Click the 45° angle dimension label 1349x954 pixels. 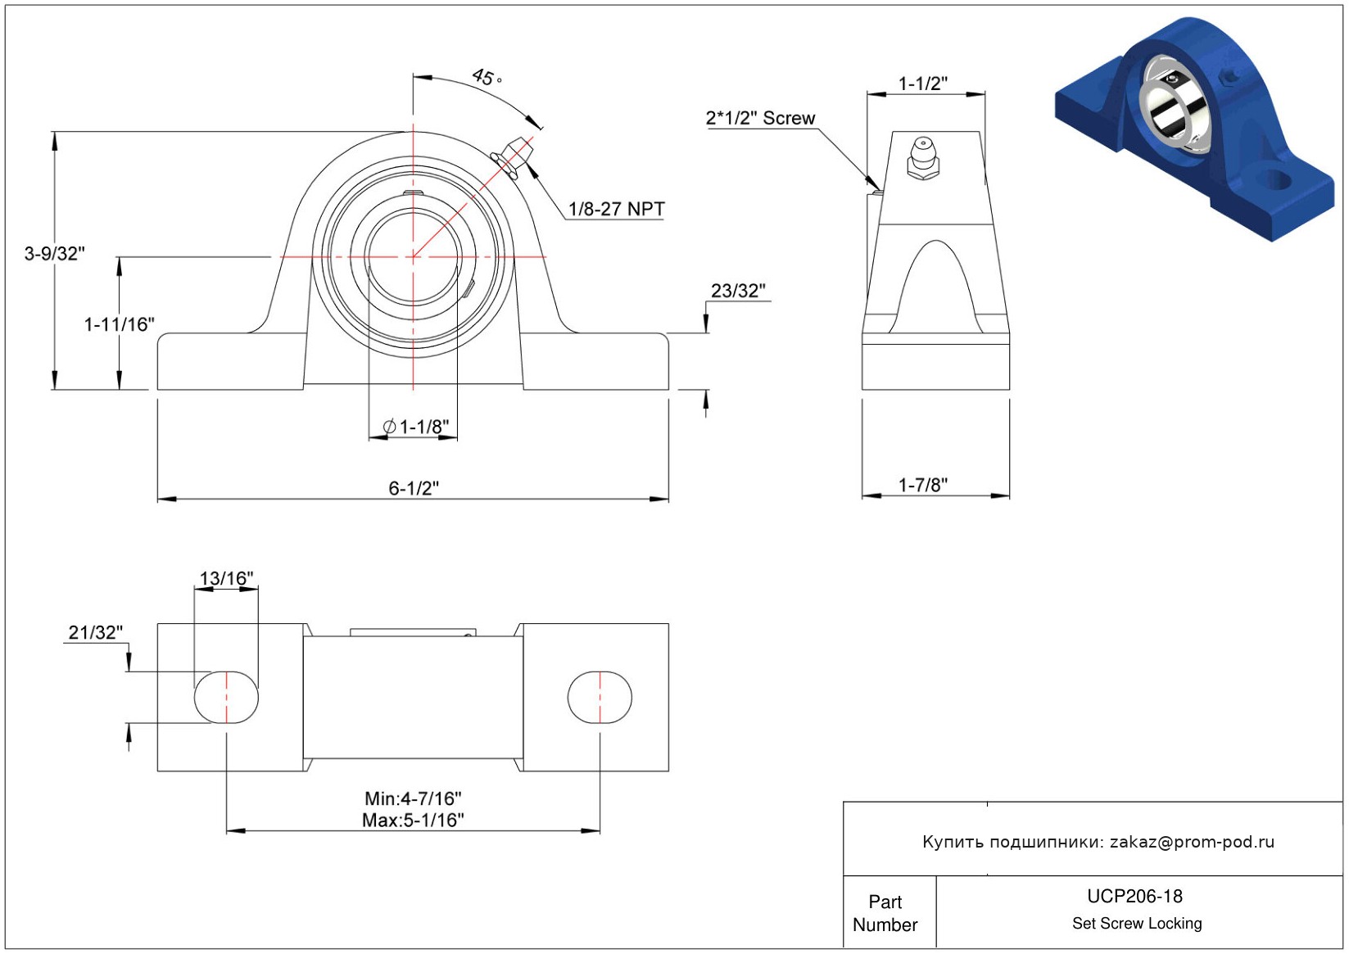(487, 78)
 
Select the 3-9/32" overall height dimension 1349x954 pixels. (55, 254)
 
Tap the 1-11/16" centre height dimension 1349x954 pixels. (120, 324)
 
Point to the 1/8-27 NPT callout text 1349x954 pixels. (617, 209)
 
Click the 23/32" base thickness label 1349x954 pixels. (738, 291)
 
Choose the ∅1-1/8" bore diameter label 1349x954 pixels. (416, 427)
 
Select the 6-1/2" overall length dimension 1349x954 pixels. (414, 488)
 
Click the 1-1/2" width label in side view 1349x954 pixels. (923, 84)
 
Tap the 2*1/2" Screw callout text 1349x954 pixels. (761, 118)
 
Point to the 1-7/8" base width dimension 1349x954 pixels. (923, 485)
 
